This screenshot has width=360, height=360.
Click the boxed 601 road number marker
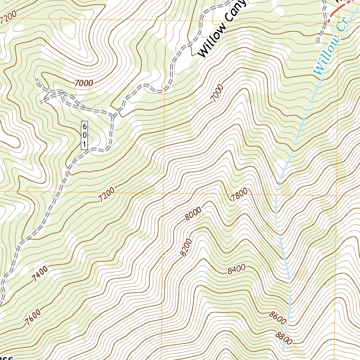pos(84,135)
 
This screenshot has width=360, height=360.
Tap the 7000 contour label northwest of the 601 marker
pos(84,83)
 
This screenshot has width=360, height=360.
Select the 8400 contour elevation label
pos(236,270)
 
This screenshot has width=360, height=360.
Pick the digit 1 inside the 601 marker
pos(84,144)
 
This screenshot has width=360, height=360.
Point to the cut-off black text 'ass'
pos(6,357)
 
